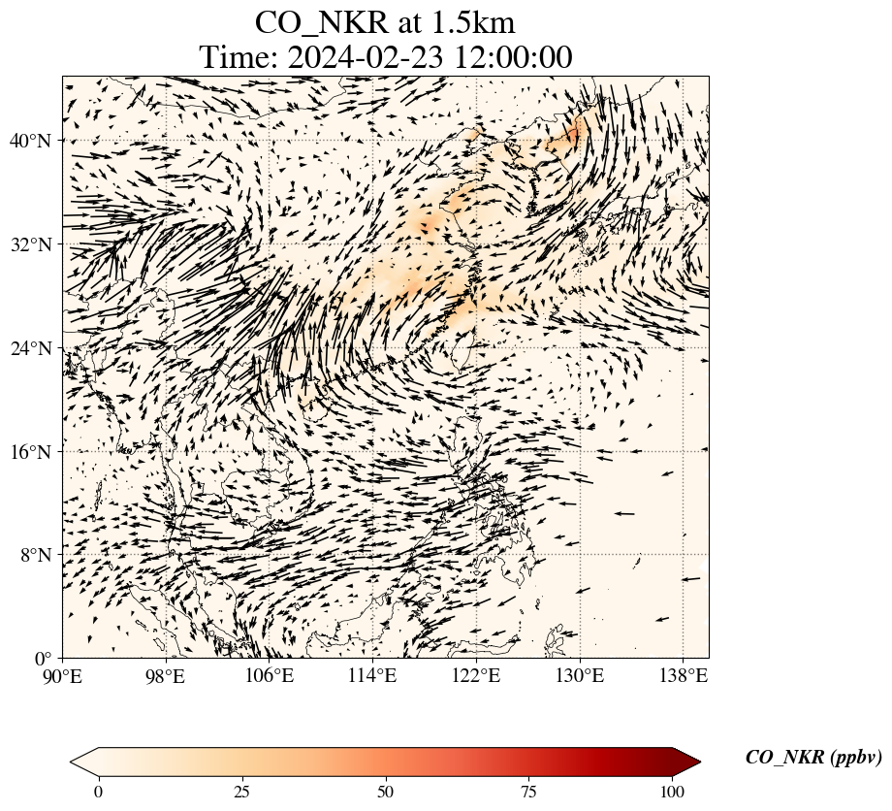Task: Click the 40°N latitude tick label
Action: point(31,141)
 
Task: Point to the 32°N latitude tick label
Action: point(31,244)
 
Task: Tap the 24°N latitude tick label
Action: point(31,348)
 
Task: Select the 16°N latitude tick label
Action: point(31,452)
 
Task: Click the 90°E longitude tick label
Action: point(63,675)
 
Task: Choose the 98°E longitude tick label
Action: point(166,675)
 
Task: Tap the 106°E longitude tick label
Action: point(270,675)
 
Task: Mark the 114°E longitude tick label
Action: point(373,675)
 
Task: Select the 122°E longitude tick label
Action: point(476,675)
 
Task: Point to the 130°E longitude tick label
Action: point(580,675)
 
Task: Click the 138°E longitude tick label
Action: point(683,675)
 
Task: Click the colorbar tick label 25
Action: point(241,792)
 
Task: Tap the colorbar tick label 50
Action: point(386,792)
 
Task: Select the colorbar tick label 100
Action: point(673,792)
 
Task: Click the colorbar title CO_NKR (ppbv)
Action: point(813,758)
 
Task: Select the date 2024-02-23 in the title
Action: point(364,57)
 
